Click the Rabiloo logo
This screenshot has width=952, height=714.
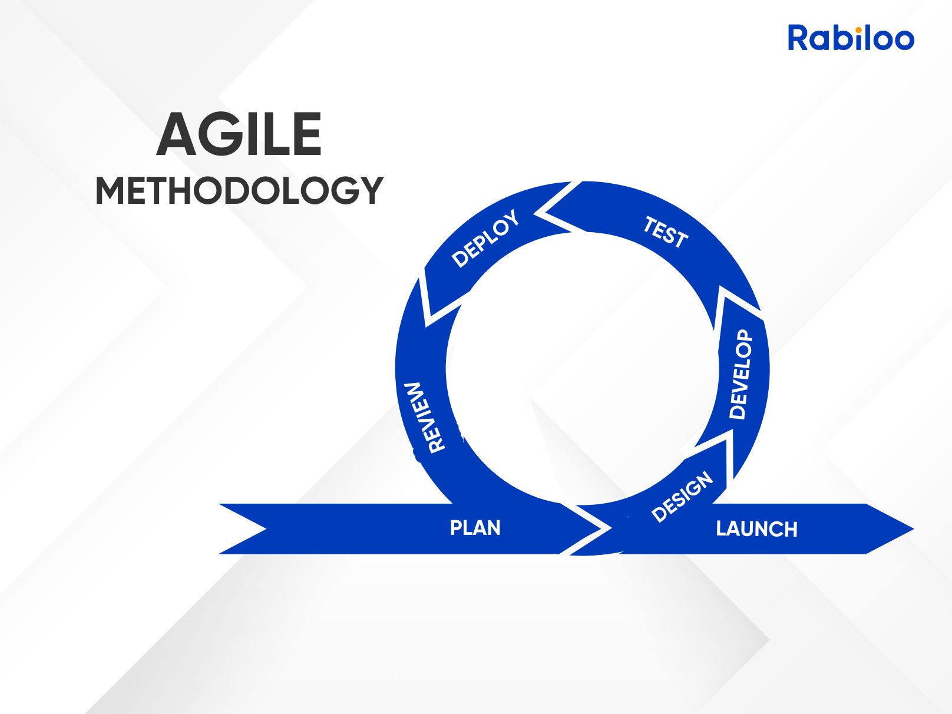851,38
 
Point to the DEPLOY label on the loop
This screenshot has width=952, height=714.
485,238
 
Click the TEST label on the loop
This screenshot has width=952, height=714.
665,232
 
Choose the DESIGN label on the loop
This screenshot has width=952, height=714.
682,497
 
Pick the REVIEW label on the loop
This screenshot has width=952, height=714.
425,418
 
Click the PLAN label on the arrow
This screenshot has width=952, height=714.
475,528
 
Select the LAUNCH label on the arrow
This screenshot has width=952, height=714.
756,529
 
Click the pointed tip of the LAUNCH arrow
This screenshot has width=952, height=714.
913,529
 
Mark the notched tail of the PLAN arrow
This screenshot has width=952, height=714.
266,529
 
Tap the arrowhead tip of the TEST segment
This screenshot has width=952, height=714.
546,213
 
